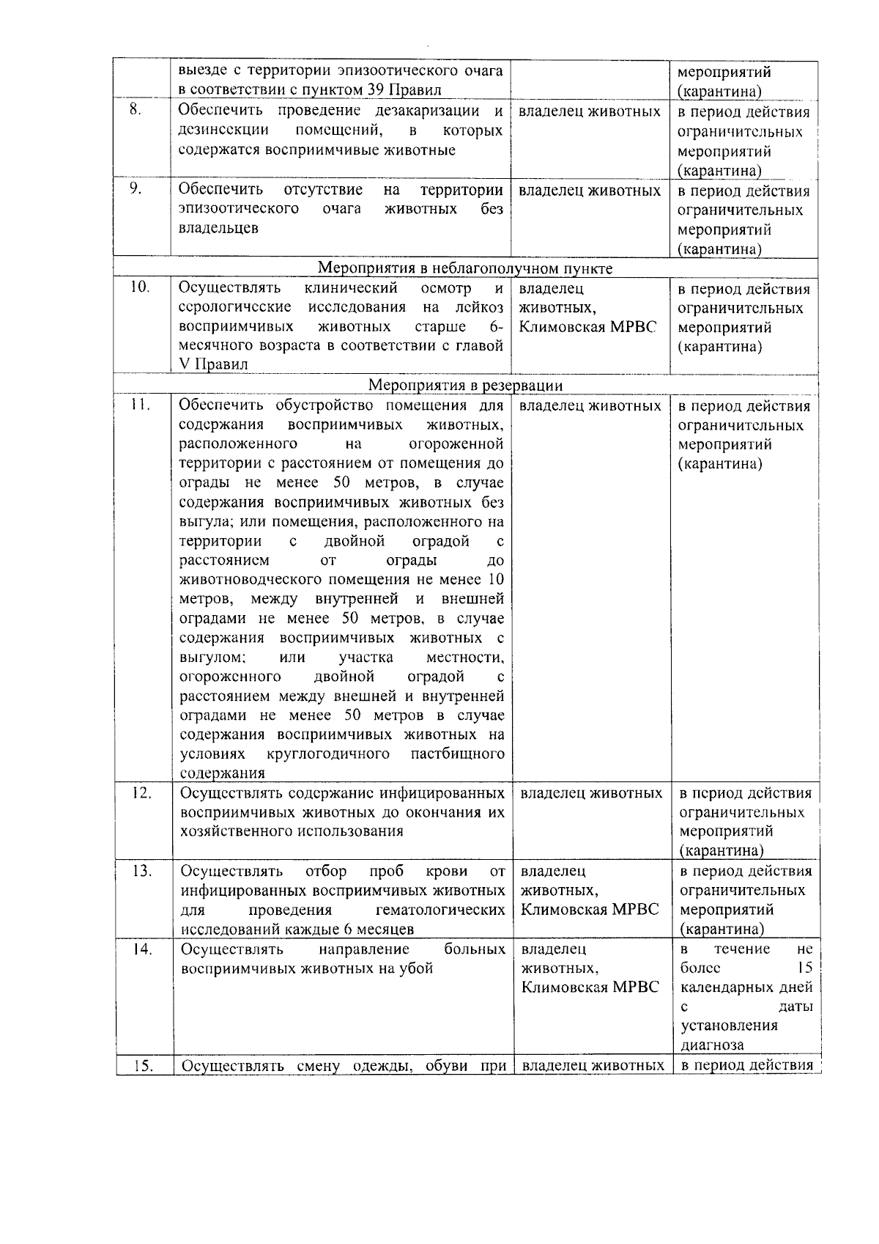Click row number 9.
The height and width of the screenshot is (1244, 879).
pyautogui.click(x=136, y=188)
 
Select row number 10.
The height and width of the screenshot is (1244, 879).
pyautogui.click(x=139, y=287)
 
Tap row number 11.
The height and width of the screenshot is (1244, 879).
pyautogui.click(x=139, y=404)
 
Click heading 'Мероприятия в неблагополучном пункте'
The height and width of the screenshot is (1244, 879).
pyautogui.click(x=466, y=268)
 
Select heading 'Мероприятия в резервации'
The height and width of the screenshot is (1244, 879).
pyautogui.click(x=466, y=386)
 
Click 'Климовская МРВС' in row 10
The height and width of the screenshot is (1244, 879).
pyautogui.click(x=588, y=326)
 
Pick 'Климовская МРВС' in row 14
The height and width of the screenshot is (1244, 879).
pyautogui.click(x=590, y=987)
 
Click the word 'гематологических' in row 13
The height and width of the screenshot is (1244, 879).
pyautogui.click(x=439, y=910)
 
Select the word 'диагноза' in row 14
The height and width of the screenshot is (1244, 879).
pyautogui.click(x=712, y=1045)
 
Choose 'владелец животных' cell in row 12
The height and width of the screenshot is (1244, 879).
pyautogui.click(x=591, y=793)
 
